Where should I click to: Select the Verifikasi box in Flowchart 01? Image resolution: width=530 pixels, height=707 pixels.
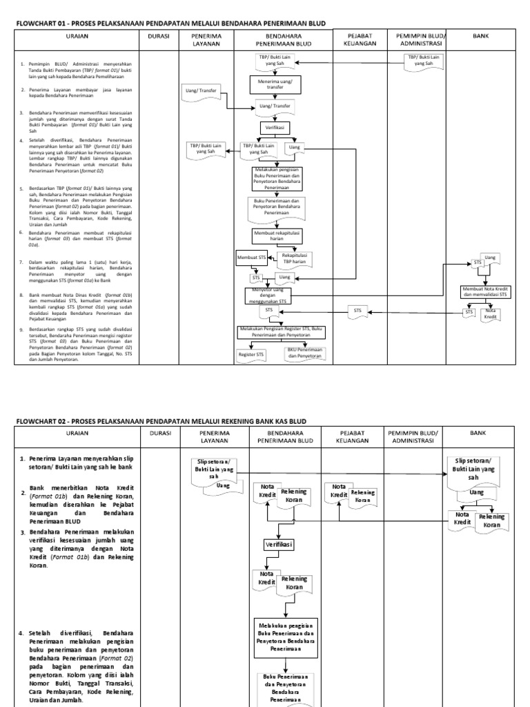click(275, 128)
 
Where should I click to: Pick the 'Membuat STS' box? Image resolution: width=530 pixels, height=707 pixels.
click(251, 258)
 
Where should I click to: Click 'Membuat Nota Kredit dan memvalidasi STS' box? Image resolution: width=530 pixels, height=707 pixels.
click(484, 291)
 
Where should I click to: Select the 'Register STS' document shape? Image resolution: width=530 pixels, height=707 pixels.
click(251, 354)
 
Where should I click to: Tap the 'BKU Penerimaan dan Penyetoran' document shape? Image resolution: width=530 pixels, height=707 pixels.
click(305, 353)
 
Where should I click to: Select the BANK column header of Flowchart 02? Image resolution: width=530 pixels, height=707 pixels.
click(478, 433)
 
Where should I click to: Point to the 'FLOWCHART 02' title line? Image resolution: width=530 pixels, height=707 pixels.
click(161, 420)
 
